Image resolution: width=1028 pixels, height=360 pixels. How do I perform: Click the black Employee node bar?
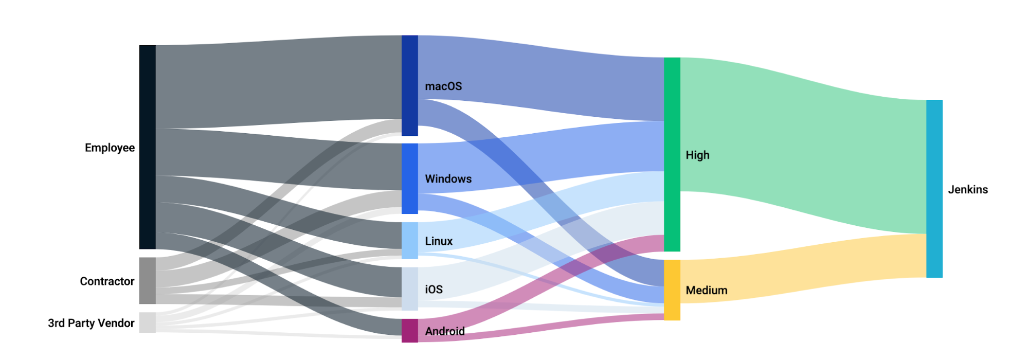click(148, 147)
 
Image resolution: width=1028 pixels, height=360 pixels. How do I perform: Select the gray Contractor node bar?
click(148, 281)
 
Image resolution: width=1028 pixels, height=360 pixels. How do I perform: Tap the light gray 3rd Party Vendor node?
click(148, 322)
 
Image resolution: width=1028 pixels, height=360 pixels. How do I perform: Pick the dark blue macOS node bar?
click(410, 85)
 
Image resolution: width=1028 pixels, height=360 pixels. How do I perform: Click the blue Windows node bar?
click(410, 178)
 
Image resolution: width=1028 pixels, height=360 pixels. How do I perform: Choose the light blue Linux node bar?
click(410, 240)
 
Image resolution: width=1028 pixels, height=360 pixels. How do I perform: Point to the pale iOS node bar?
click(410, 289)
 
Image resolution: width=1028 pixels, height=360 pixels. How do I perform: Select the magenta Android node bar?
click(410, 330)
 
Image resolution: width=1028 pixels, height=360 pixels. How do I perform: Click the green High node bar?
click(672, 154)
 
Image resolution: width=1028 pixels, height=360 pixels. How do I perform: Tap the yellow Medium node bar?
click(672, 290)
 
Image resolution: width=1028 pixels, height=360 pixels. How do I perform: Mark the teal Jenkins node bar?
click(934, 189)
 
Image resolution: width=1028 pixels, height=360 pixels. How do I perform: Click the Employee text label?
click(110, 148)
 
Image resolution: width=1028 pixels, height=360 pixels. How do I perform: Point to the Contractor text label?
click(107, 281)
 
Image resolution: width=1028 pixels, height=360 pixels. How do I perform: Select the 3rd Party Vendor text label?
click(91, 323)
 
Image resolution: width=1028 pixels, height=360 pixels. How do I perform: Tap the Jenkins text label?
click(968, 189)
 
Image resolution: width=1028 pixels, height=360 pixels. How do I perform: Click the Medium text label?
click(707, 290)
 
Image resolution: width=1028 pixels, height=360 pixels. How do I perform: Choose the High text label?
click(697, 155)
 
